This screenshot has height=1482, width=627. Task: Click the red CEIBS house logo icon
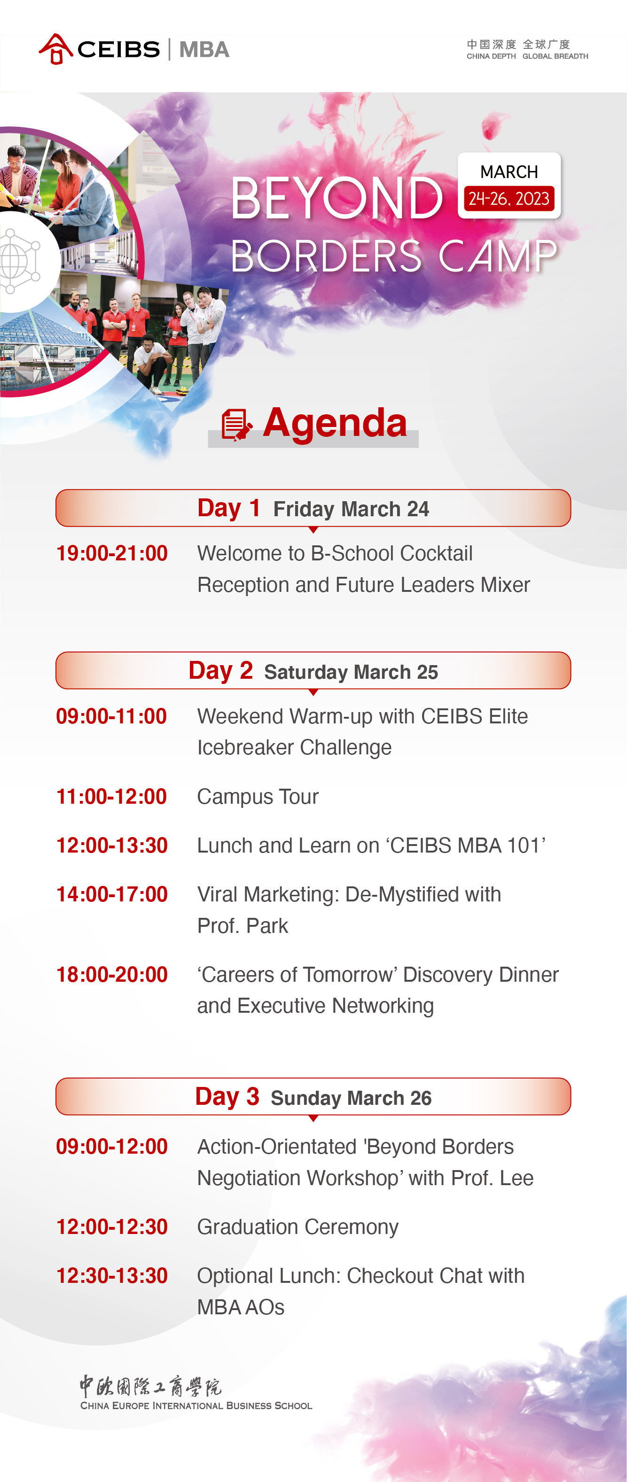pyautogui.click(x=56, y=49)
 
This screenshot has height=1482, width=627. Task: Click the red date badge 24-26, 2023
pyautogui.click(x=509, y=199)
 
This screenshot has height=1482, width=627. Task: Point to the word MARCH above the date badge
pyautogui.click(x=509, y=171)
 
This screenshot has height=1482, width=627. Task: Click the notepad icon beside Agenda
pyautogui.click(x=236, y=425)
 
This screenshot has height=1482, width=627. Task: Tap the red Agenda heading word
pyautogui.click(x=335, y=422)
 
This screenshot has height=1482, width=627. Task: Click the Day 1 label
pyautogui.click(x=228, y=508)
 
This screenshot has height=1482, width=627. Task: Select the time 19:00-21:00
pyautogui.click(x=112, y=553)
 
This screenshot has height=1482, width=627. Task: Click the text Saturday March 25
pyautogui.click(x=351, y=672)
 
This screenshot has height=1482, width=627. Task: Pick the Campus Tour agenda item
pyautogui.click(x=258, y=797)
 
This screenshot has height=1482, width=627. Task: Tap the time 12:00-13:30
pyautogui.click(x=112, y=846)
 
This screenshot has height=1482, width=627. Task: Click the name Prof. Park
pyautogui.click(x=243, y=926)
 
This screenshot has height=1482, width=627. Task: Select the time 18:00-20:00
pyautogui.click(x=112, y=975)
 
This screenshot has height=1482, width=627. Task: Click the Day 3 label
pyautogui.click(x=227, y=1096)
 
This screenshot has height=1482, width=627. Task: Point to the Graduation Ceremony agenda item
pyautogui.click(x=298, y=1227)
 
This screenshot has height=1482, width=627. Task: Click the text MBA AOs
pyautogui.click(x=241, y=1307)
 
